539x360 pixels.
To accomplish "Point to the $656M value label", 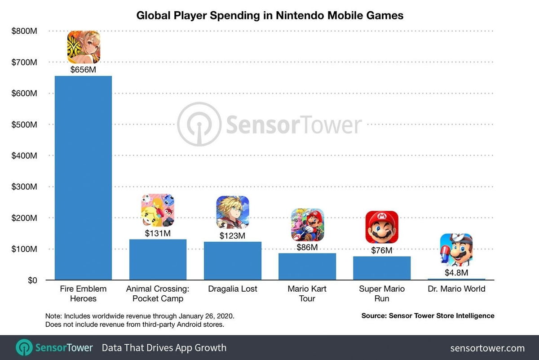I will [x=83, y=70].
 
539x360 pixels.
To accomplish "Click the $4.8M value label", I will [x=456, y=273].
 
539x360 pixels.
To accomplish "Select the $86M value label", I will [x=307, y=247].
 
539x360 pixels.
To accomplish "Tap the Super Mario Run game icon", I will [x=382, y=227].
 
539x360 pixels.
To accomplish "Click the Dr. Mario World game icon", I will [x=456, y=250].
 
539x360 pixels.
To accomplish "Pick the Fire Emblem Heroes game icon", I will [x=84, y=47].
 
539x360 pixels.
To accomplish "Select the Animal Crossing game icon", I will [x=158, y=210].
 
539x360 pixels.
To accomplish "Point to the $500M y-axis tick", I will [x=24, y=124].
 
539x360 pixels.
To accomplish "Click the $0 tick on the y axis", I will [x=31, y=280].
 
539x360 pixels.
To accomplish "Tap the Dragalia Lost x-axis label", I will [x=233, y=289].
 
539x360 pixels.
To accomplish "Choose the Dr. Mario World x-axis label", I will [x=456, y=289].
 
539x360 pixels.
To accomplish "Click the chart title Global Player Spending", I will [x=270, y=16].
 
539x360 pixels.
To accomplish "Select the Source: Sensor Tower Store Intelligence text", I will [x=428, y=316].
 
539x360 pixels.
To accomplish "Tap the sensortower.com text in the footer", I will [x=487, y=348].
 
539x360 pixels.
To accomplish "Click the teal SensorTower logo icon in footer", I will [x=24, y=348].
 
